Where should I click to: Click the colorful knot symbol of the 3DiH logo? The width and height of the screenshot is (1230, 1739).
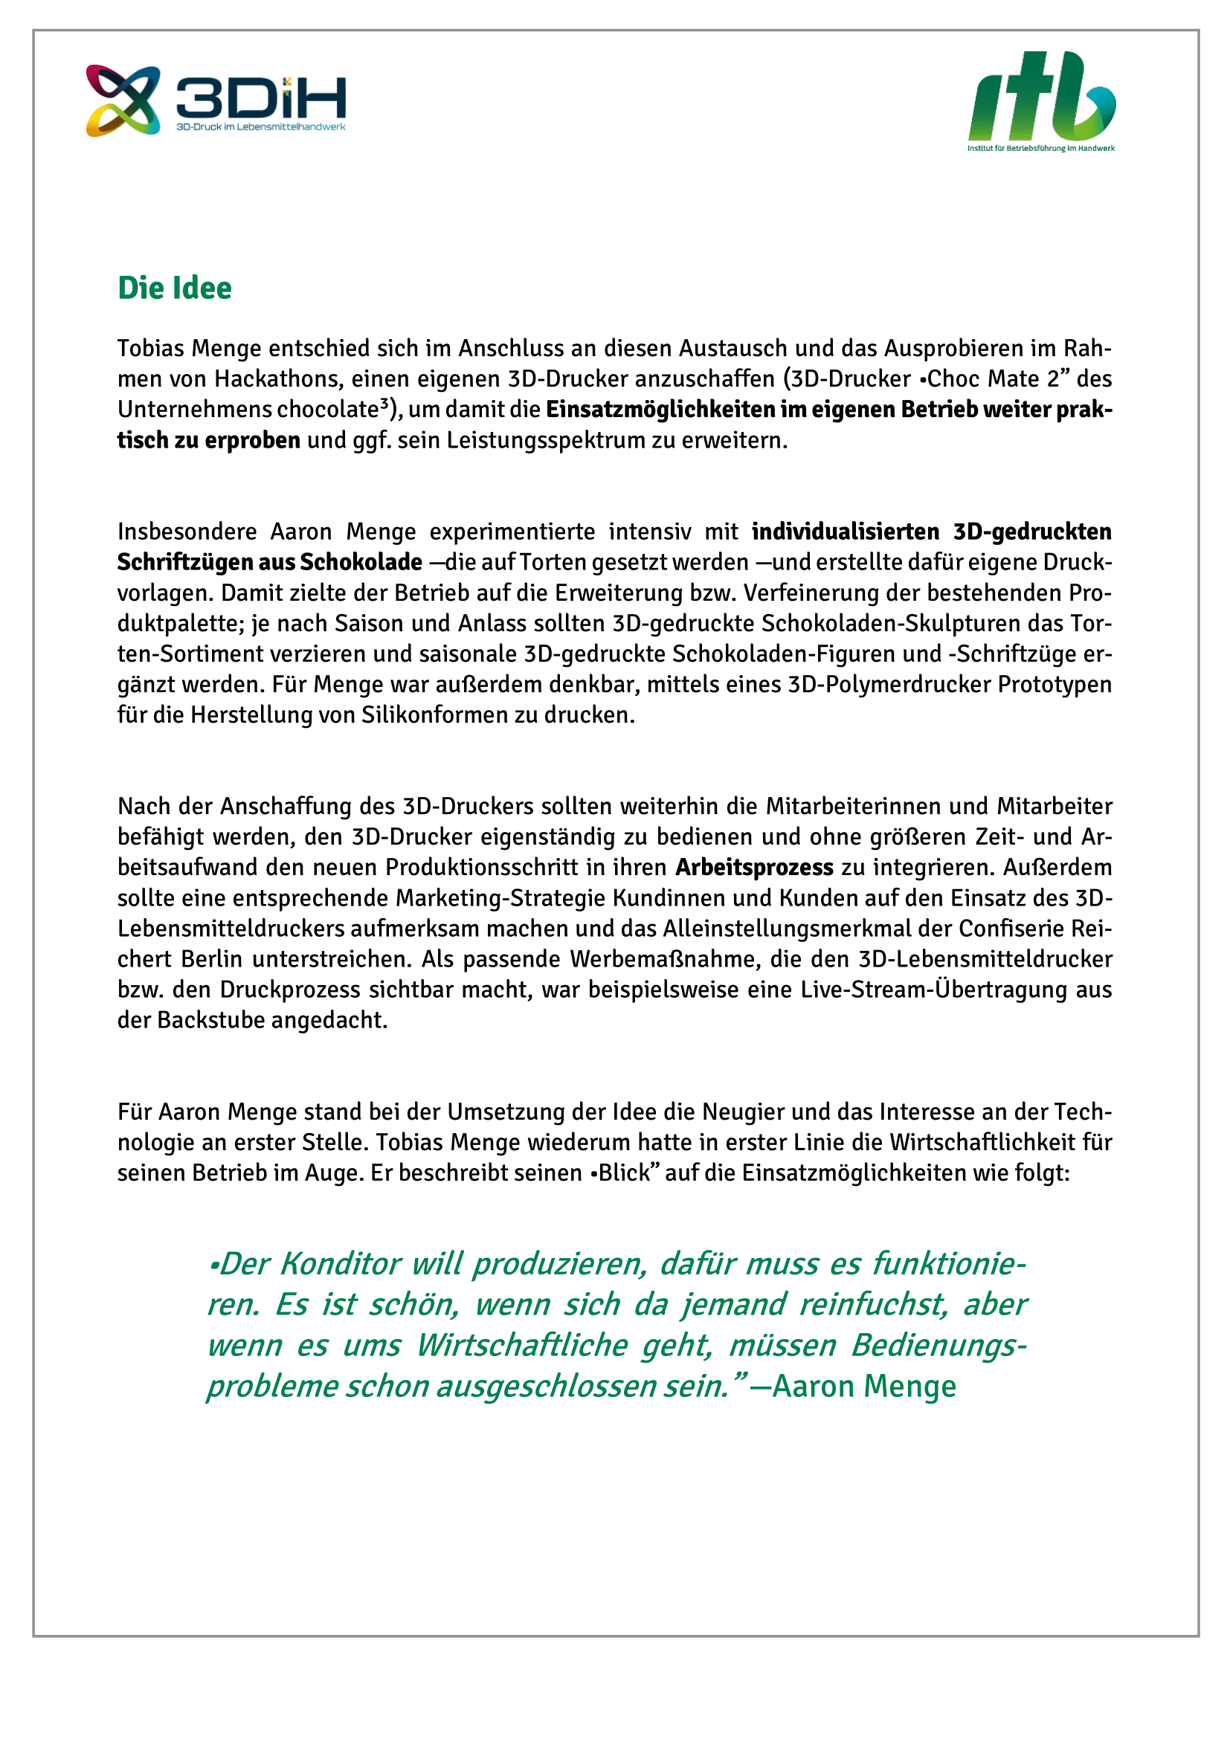click(x=123, y=100)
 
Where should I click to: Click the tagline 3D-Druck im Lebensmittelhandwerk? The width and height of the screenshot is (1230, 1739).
click(x=260, y=127)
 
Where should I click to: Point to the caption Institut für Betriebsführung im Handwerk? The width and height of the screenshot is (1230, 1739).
click(x=1040, y=149)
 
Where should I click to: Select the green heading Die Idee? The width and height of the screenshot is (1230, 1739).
click(x=174, y=288)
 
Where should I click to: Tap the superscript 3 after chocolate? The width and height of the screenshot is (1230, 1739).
click(x=384, y=404)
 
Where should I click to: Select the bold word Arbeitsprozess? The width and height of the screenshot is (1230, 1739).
click(x=754, y=867)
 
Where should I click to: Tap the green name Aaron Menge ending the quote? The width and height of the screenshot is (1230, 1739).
click(x=864, y=1387)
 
